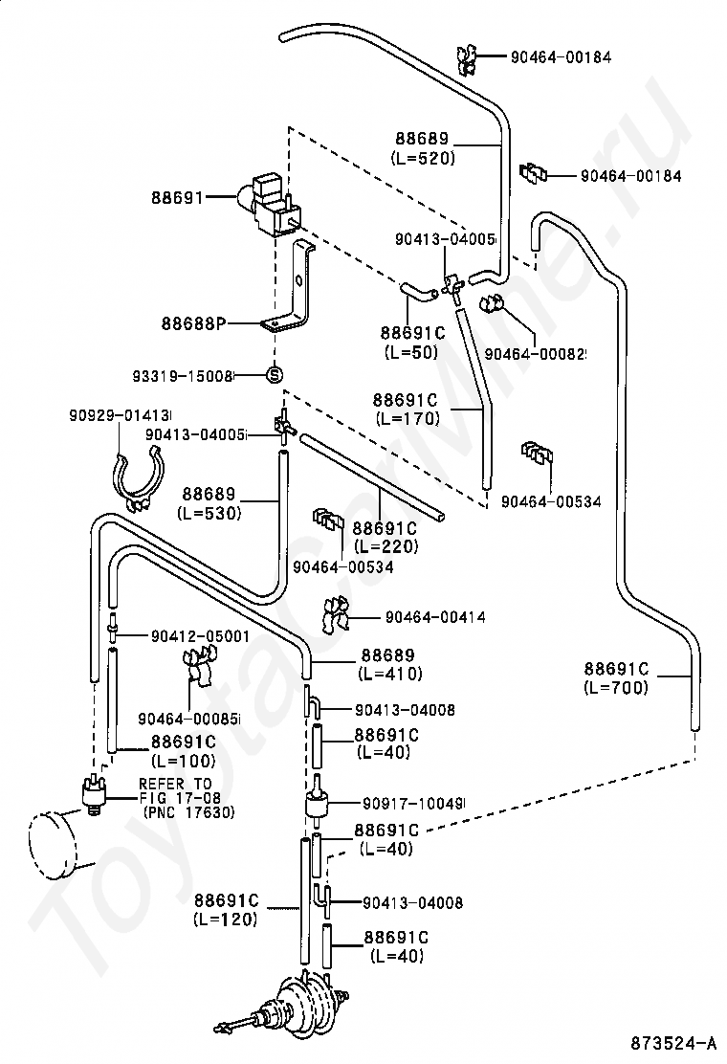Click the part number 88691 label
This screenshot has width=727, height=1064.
[x=177, y=197]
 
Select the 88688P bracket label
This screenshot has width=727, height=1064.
[x=193, y=323]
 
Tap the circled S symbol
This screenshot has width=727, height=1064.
[x=274, y=374]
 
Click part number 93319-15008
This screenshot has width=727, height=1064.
[x=183, y=374]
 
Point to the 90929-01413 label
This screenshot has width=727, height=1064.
[x=120, y=414]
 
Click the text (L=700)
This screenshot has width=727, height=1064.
[x=616, y=687]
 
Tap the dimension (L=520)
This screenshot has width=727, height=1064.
[x=423, y=158]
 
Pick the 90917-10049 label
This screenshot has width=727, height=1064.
[x=412, y=804]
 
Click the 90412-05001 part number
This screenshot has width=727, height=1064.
[x=200, y=636]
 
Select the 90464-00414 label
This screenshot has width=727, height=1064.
[x=435, y=617]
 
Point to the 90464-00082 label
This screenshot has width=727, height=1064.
[x=535, y=353]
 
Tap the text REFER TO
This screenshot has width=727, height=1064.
[x=176, y=784]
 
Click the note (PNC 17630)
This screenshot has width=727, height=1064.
[x=187, y=811]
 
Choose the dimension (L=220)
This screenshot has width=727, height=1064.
[x=386, y=545]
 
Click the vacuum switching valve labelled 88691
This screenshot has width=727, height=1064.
[x=267, y=206]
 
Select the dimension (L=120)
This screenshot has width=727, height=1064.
[x=226, y=920]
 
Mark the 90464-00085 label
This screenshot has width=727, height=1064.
[x=188, y=719]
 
